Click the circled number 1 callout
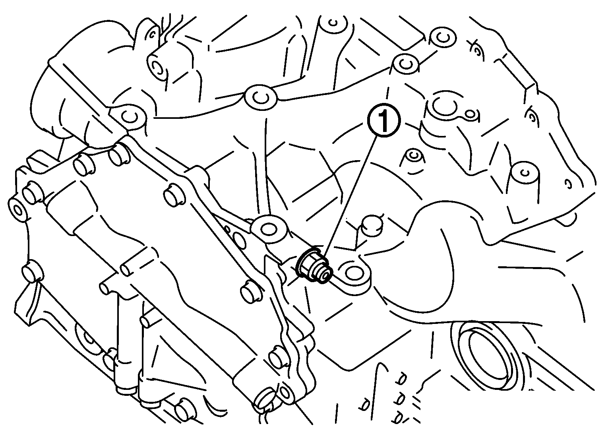click(x=384, y=121)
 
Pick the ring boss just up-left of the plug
click(x=269, y=229)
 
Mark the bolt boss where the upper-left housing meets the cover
click(x=130, y=117)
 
